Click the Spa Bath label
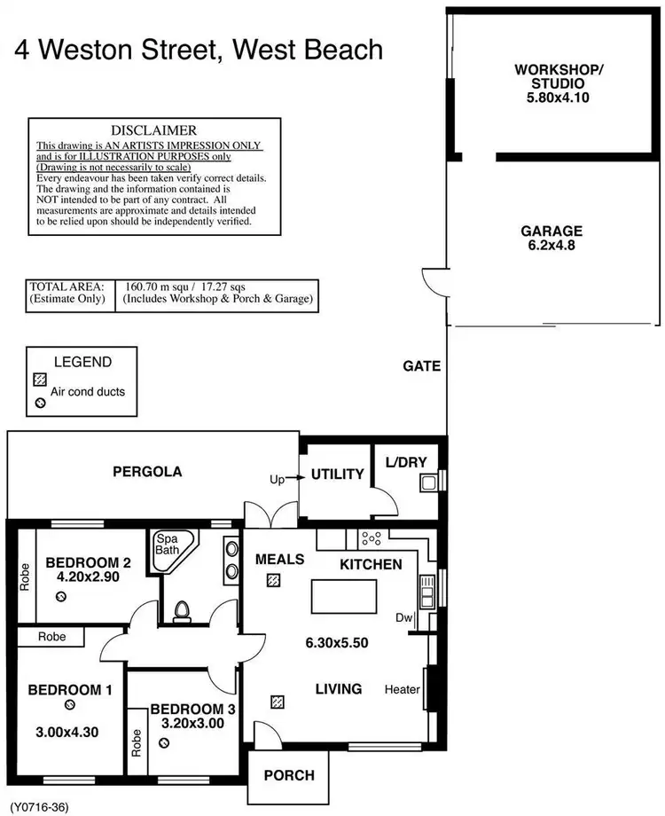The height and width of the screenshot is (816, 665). tap(167, 545)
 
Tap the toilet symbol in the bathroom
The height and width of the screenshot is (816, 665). tap(183, 610)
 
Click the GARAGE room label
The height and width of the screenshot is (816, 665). tap(552, 231)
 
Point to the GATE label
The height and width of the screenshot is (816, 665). tap(421, 365)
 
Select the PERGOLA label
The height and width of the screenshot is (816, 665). tap(147, 472)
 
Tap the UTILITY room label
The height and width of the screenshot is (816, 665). tap(337, 475)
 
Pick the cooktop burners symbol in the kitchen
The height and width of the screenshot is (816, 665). tap(371, 537)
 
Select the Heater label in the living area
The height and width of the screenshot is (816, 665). tap(403, 689)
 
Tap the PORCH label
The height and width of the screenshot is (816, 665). tap(290, 775)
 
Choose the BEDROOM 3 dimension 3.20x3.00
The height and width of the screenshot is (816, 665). tap(192, 723)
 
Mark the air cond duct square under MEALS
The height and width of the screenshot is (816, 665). tap(274, 581)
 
